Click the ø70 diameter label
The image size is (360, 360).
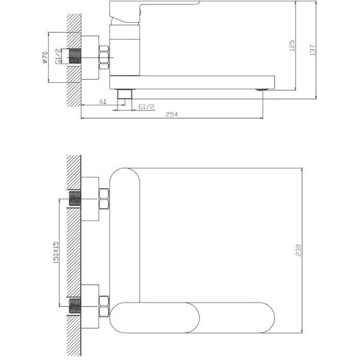47,59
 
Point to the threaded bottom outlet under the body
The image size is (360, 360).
126,95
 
